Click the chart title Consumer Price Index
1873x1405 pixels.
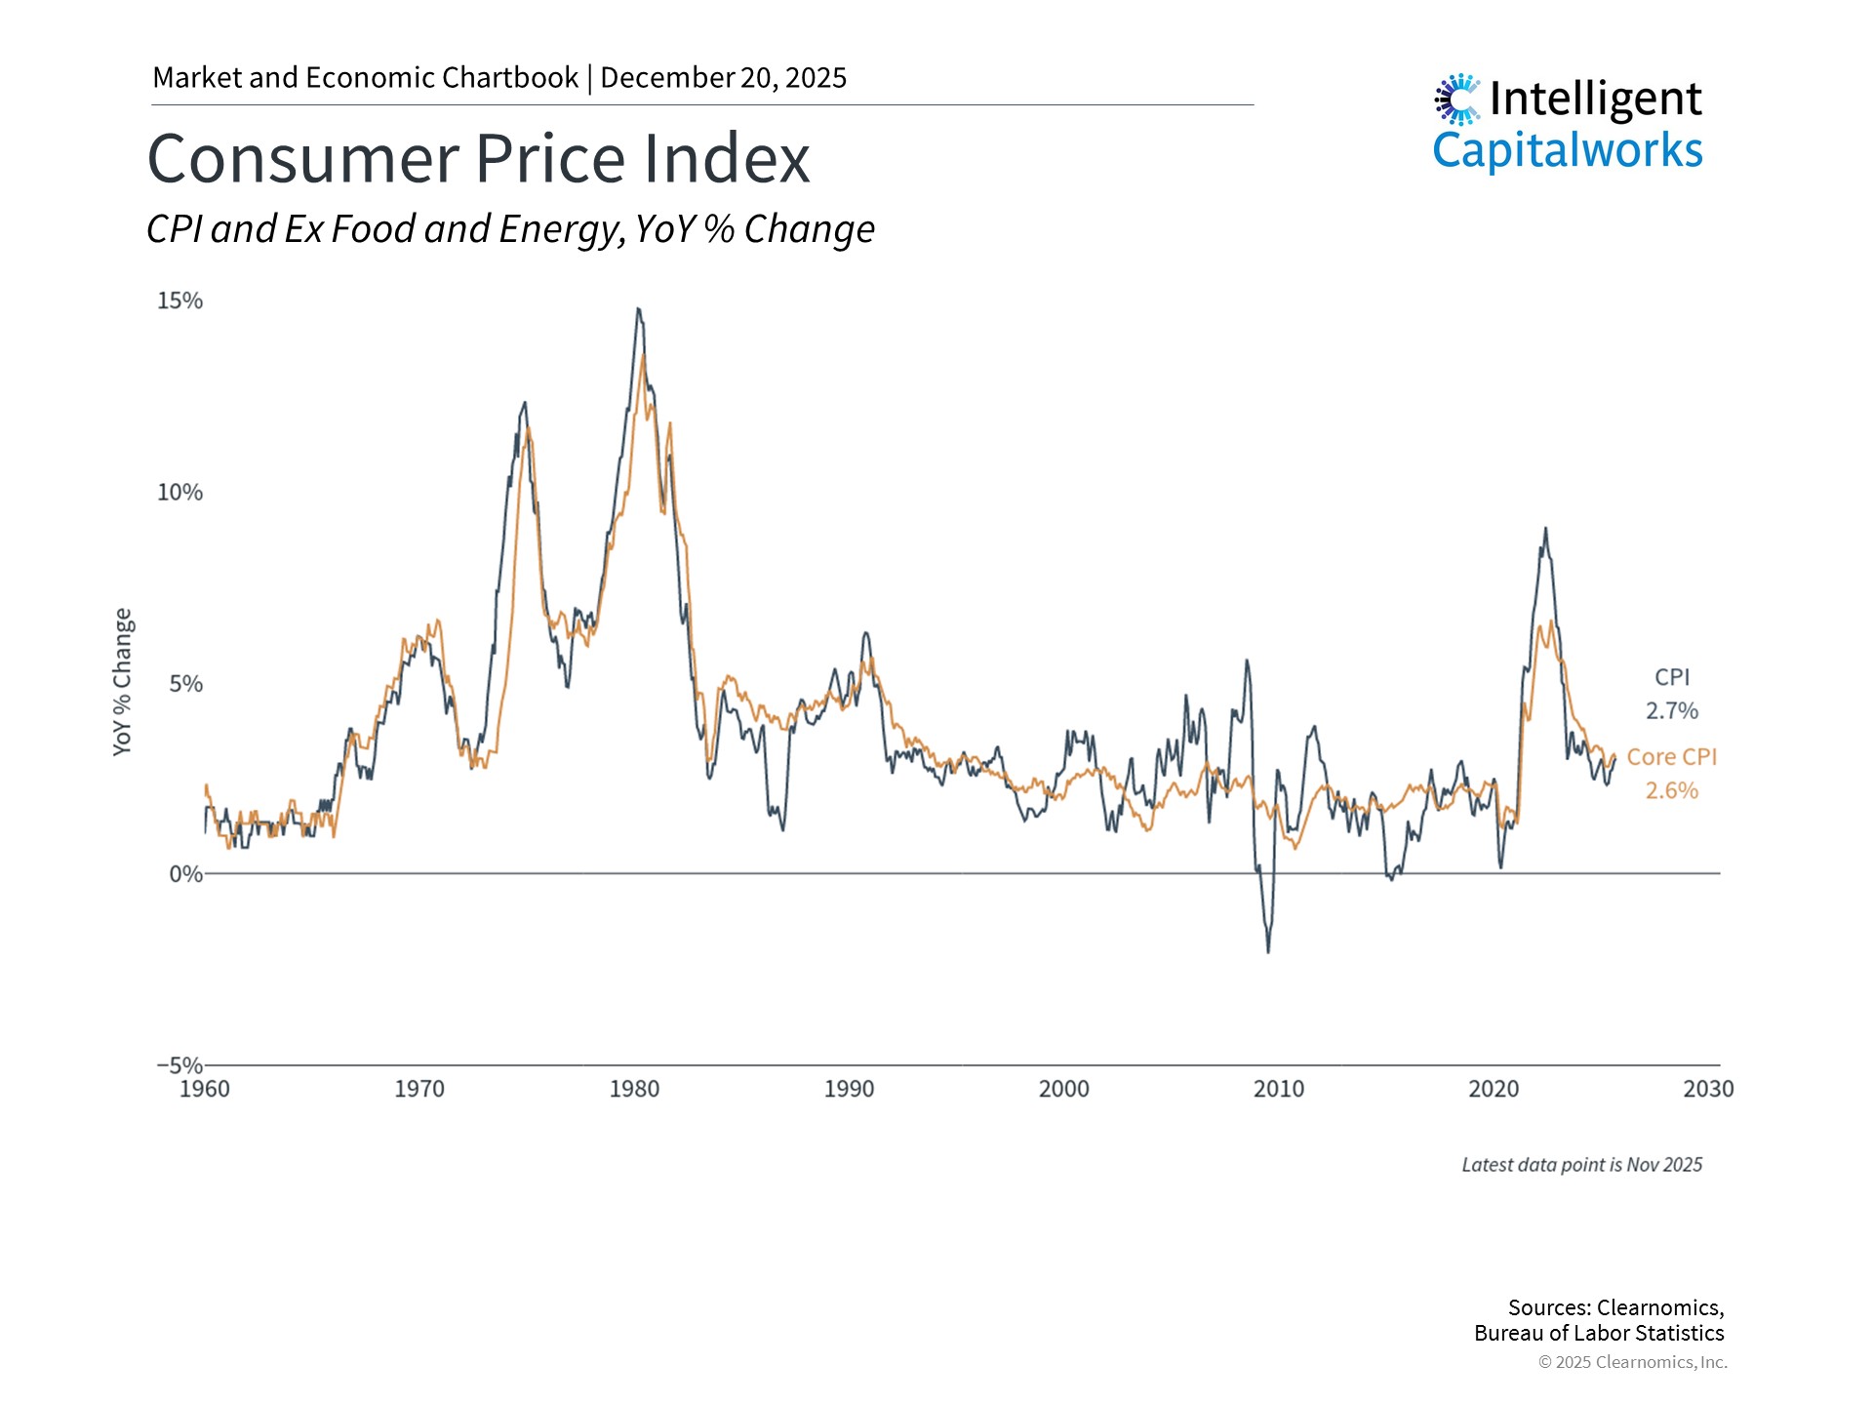pyautogui.click(x=478, y=159)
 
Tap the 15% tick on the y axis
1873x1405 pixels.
pyautogui.click(x=179, y=301)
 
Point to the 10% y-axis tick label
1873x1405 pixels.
pyautogui.click(x=179, y=492)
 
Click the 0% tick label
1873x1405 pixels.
pyautogui.click(x=185, y=874)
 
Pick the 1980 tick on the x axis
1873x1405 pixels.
pyautogui.click(x=634, y=1089)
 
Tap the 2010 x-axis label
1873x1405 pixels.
pyautogui.click(x=1278, y=1089)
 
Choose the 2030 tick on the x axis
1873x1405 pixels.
pyautogui.click(x=1708, y=1089)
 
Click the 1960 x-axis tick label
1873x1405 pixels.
pyautogui.click(x=205, y=1089)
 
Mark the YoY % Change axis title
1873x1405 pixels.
pyautogui.click(x=122, y=681)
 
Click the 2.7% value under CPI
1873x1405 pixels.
pyautogui.click(x=1672, y=710)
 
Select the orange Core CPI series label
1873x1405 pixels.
pyautogui.click(x=1671, y=756)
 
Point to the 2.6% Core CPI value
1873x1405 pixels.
pyautogui.click(x=1672, y=790)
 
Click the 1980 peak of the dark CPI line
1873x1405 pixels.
pyautogui.click(x=638, y=310)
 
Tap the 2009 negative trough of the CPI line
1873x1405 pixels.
pyautogui.click(x=1268, y=950)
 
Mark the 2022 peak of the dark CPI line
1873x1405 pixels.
pyautogui.click(x=1545, y=530)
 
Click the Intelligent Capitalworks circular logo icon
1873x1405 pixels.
pyautogui.click(x=1457, y=99)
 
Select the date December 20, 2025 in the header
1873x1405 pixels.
pyautogui.click(x=723, y=78)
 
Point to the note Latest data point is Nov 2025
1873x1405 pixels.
pyautogui.click(x=1581, y=1164)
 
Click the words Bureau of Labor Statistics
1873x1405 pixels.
pyautogui.click(x=1599, y=1333)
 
